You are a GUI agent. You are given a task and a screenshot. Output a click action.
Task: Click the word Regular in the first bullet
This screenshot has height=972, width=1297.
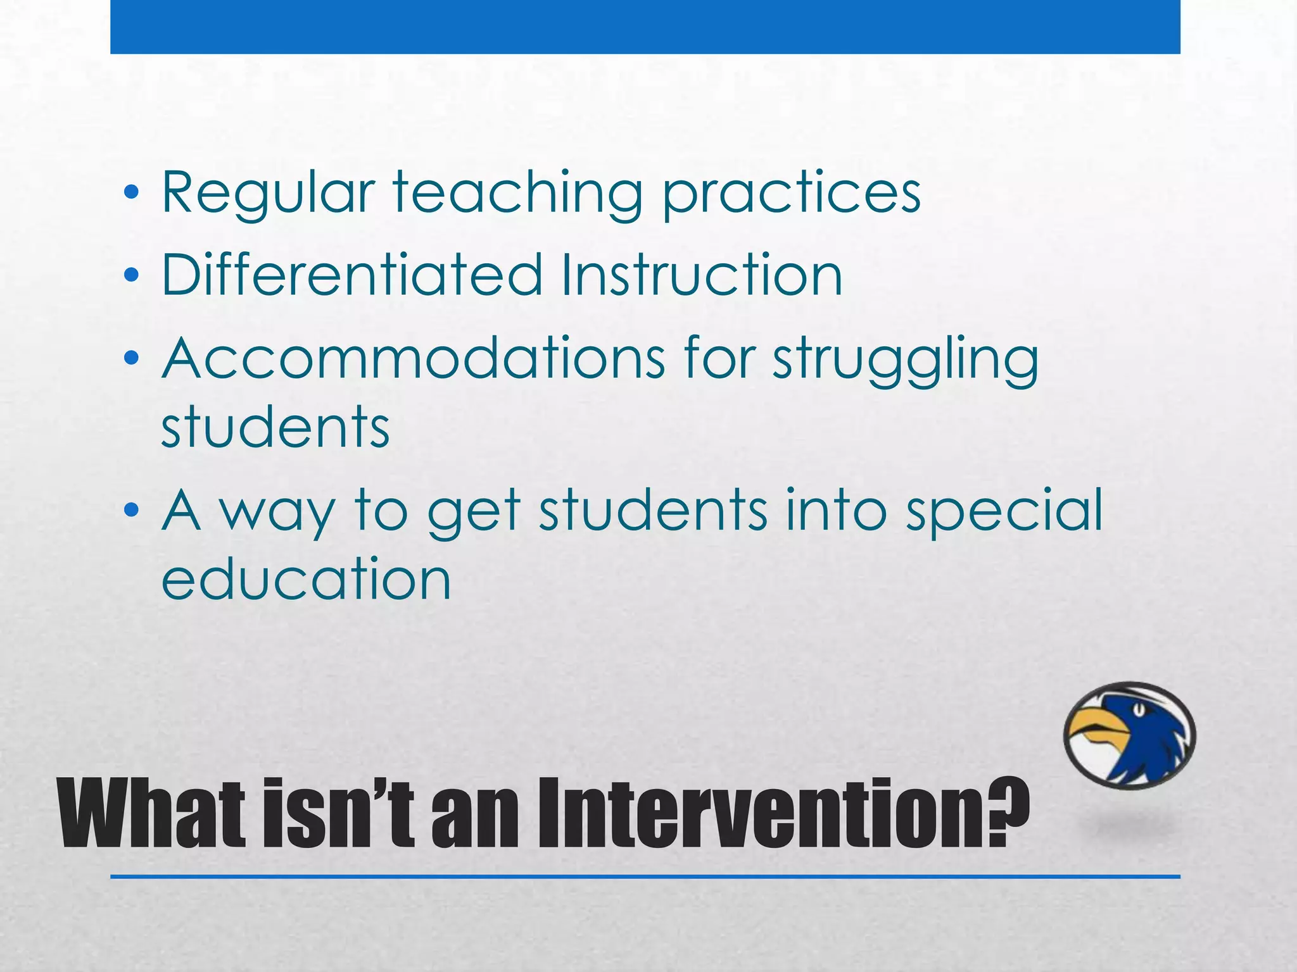coord(268,193)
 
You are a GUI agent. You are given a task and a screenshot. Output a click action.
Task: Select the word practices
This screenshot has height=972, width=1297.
coord(791,193)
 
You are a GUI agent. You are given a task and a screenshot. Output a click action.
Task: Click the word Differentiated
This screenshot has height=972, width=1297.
coord(352,275)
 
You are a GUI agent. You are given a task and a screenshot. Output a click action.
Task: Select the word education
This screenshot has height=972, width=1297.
coord(306,578)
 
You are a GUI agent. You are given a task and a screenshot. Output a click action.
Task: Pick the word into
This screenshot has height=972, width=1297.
coord(835,510)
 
